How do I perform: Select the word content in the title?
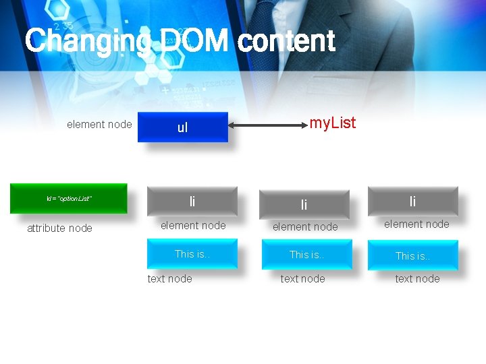286,41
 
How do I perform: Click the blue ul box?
183,127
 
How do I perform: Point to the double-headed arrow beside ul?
266,125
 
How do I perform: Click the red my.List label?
332,123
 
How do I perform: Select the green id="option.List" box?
68,198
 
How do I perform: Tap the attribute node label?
59,229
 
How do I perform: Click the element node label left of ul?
99,124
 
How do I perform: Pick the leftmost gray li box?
192,202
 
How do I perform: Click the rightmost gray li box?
412,201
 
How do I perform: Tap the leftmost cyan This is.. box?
192,254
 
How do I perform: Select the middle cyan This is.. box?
306,255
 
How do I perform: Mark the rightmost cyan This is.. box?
412,255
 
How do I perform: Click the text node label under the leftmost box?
169,279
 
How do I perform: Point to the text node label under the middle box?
302,279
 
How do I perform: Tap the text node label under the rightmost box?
417,279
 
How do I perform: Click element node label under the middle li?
305,227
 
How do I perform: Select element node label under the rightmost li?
416,224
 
